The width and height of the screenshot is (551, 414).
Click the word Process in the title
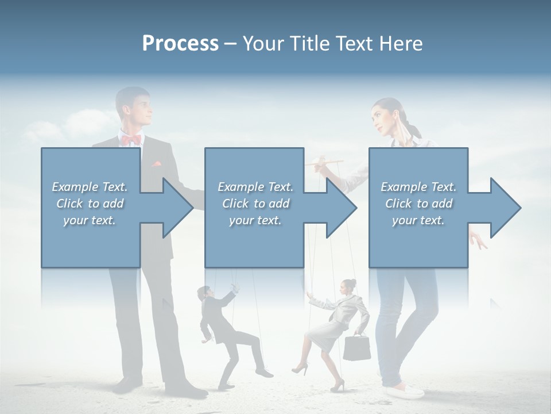coord(180,44)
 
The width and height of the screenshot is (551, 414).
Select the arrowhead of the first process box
coord(176,208)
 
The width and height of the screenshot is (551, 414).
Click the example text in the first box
coord(90,204)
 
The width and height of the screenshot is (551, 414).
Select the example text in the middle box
coord(255,204)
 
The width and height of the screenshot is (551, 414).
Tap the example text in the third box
coord(418,204)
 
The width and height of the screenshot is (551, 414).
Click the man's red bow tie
coord(131,140)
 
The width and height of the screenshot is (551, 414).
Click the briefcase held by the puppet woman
coord(356,347)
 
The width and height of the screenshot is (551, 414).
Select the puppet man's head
coord(203,293)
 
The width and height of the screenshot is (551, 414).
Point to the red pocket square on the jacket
coord(156,164)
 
